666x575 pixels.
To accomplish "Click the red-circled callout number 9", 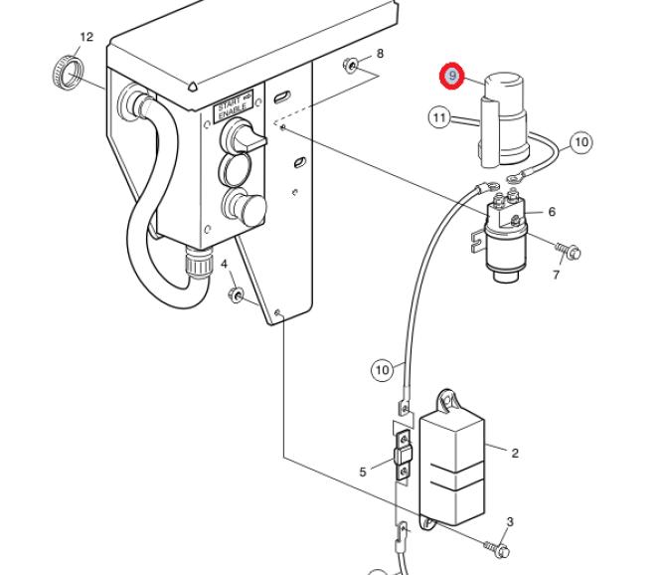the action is pos(452,76).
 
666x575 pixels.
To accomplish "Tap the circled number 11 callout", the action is pos(439,117).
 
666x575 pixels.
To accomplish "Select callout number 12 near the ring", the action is pos(86,37).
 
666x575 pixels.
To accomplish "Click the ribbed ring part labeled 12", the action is pos(69,72).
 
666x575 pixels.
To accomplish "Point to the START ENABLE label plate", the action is pos(234,106).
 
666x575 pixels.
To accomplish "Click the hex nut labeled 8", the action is pos(350,65).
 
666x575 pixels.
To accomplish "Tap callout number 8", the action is pos(380,54).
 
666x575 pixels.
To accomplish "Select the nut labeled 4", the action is pos(235,294).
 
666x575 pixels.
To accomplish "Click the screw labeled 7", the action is pos(568,250).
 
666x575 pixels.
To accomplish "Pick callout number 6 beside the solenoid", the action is pos(552,211).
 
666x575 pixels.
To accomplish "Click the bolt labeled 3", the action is pos(497,548).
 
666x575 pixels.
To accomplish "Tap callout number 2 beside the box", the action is pos(515,453).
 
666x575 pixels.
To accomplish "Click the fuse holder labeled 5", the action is pos(404,456).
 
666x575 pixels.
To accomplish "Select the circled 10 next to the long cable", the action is pos(383,370).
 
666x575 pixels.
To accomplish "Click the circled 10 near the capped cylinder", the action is pos(582,142).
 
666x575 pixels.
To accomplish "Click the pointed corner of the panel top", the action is pos(192,87).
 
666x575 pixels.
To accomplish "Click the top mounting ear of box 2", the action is pos(447,402).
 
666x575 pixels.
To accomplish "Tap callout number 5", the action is pos(362,472).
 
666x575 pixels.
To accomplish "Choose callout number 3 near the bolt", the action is pos(510,521).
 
